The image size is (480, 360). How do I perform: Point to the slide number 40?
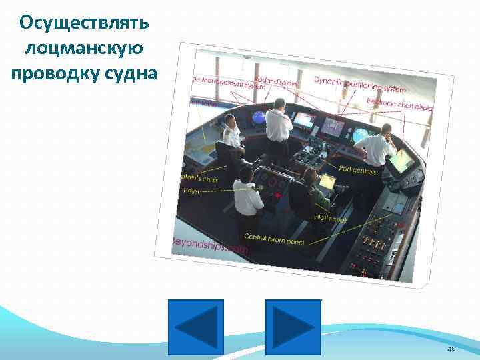[451, 349]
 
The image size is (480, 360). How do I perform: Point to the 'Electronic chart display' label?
[400, 106]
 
